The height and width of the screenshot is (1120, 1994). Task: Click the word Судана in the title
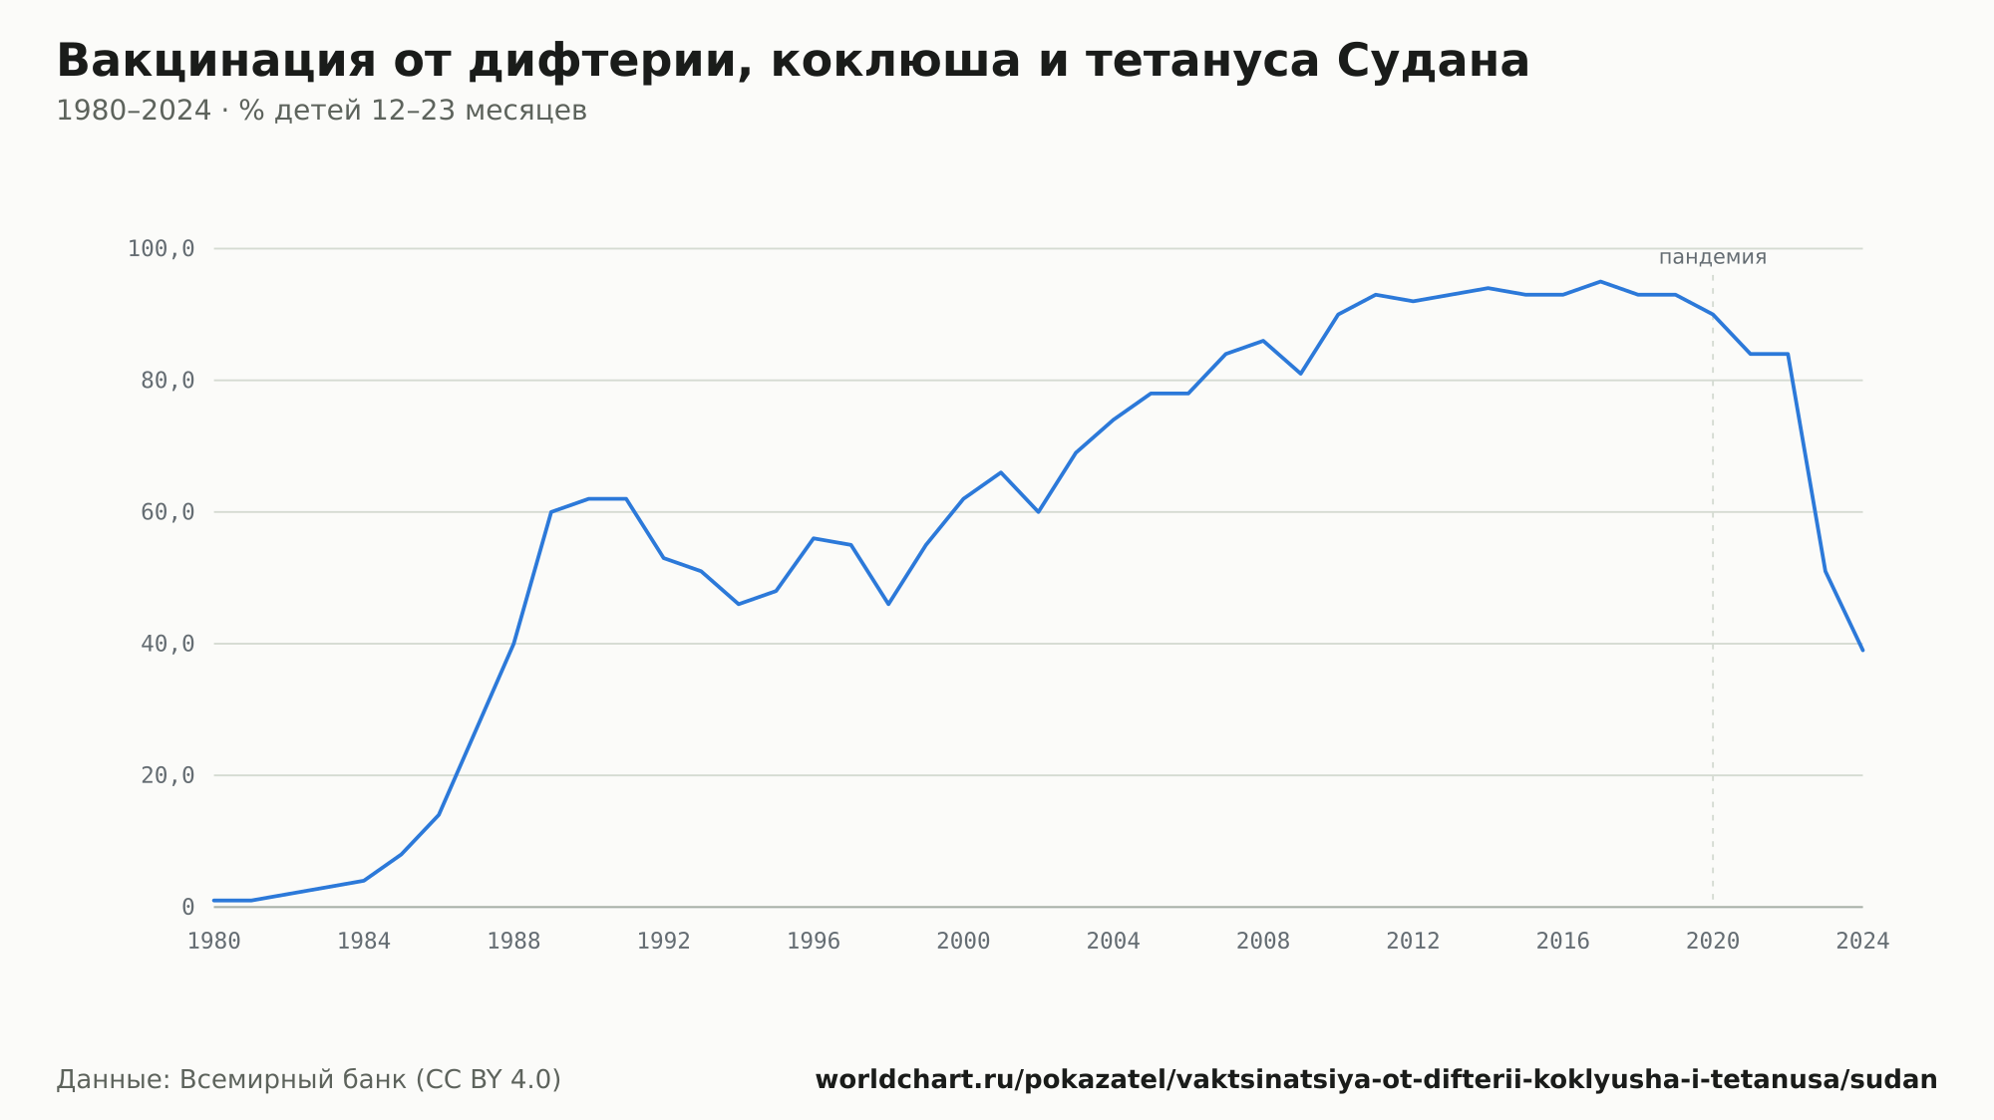click(1433, 61)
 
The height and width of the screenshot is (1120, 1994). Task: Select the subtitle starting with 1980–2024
click(321, 111)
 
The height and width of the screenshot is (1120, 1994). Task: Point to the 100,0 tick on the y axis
click(161, 249)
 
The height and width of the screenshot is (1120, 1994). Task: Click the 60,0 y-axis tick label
click(167, 512)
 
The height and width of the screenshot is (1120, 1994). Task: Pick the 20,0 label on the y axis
click(167, 775)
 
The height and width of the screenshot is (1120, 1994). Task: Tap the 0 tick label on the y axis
click(188, 907)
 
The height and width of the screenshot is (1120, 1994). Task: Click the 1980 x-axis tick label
click(214, 942)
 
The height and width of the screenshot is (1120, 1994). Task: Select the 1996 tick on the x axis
click(814, 942)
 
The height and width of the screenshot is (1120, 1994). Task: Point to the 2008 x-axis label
click(1263, 942)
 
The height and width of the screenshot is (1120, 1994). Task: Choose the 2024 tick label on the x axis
click(1862, 942)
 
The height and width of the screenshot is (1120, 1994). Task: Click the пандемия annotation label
click(1713, 257)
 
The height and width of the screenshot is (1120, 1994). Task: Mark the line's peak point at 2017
click(1600, 282)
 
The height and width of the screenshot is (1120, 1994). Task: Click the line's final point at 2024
click(1862, 650)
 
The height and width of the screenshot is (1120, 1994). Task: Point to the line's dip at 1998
click(888, 604)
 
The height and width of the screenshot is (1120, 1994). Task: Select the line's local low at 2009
click(1300, 374)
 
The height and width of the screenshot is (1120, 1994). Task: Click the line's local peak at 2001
click(1001, 472)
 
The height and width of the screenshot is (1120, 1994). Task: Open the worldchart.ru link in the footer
click(1376, 1079)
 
